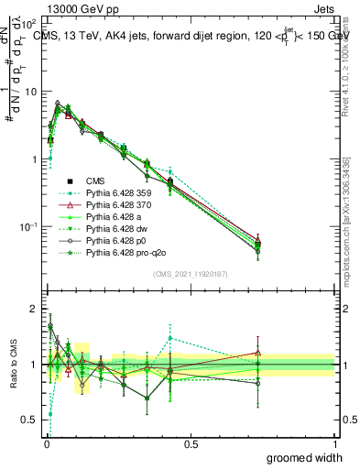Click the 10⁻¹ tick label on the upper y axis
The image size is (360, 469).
(x=27, y=226)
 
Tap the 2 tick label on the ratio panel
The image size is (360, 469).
(x=33, y=309)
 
